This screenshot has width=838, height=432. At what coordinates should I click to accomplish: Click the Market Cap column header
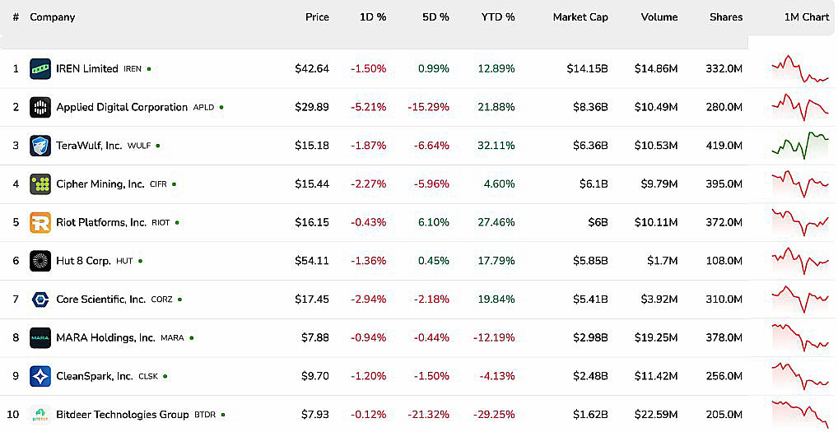pos(580,17)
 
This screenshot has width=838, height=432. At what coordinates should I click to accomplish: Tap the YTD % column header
pos(498,17)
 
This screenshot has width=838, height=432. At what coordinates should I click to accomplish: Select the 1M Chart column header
pos(807,17)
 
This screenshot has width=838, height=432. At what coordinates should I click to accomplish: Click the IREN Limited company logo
pos(40,69)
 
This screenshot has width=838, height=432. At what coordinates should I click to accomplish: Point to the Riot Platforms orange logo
pos(40,223)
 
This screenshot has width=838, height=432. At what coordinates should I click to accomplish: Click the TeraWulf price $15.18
pos(312,146)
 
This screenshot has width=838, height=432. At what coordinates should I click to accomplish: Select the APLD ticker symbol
pos(203,107)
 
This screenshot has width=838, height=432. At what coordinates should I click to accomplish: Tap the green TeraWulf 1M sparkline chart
pos(800,146)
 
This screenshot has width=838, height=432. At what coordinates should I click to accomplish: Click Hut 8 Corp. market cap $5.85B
pos(590,261)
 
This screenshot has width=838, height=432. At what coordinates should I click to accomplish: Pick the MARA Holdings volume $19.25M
pos(656,338)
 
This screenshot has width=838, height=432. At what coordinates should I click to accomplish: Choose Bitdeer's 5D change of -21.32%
pos(429,415)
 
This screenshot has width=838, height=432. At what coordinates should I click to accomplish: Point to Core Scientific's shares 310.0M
pos(724,300)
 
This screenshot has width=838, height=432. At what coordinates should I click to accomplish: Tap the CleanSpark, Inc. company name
pos(95,377)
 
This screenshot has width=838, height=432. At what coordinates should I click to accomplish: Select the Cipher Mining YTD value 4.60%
pos(499,184)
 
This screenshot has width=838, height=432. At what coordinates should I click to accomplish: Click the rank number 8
pos(16,338)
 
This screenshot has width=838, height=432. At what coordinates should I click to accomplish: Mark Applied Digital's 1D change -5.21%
pos(368,107)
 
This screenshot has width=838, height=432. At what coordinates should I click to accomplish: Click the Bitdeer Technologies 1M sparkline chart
pos(800,414)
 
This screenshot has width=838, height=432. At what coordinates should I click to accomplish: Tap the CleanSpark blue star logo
pos(40,377)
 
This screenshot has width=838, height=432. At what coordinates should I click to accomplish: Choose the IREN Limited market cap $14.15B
pos(588,69)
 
